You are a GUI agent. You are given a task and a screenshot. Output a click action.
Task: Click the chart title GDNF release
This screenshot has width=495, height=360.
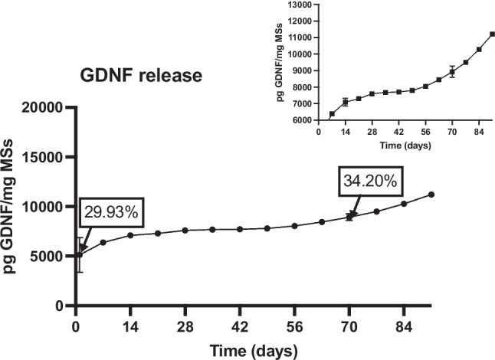141,76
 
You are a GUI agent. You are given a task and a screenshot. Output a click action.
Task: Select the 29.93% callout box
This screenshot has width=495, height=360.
111,212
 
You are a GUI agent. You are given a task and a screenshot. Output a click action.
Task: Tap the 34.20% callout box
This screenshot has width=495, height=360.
371,181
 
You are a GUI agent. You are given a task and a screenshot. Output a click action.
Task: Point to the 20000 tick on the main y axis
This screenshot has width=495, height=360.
42,107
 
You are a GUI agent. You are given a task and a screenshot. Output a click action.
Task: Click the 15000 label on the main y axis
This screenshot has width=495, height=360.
42,157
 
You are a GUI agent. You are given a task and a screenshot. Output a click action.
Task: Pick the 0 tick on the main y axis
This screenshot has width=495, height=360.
59,306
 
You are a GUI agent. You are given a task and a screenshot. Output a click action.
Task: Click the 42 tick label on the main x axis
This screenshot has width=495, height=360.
240,326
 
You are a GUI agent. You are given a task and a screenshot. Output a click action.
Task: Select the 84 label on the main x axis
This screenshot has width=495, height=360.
404,326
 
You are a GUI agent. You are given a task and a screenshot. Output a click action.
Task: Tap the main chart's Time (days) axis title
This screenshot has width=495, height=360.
254,351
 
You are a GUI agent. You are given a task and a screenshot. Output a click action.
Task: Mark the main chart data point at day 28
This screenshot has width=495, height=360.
185,231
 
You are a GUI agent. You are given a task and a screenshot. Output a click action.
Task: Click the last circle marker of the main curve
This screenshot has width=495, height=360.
431,195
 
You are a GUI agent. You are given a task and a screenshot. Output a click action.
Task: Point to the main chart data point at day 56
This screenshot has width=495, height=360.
294,226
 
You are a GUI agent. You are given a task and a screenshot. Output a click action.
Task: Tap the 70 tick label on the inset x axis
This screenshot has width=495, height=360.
452,132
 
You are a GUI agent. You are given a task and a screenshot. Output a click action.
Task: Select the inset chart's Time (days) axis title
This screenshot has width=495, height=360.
405,146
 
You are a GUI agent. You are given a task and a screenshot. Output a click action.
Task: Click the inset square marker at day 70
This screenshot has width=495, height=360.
452,72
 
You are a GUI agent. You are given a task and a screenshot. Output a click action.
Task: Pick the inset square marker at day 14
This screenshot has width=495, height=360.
346,102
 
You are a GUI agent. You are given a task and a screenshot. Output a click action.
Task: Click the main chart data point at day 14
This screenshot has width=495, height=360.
130,235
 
